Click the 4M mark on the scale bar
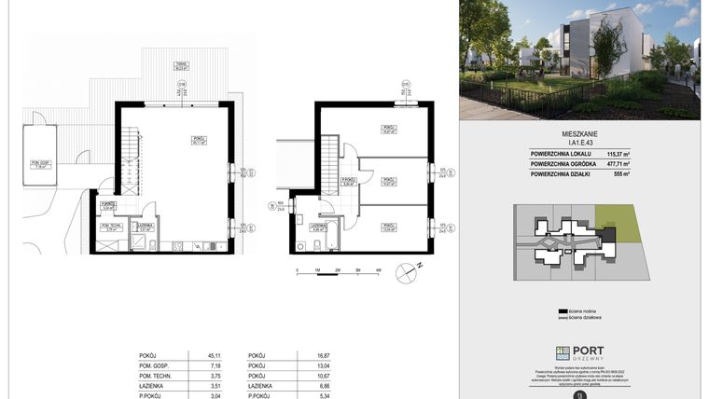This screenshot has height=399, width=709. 378,269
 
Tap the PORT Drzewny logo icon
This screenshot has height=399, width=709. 563,352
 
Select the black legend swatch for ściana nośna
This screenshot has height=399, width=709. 563,311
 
